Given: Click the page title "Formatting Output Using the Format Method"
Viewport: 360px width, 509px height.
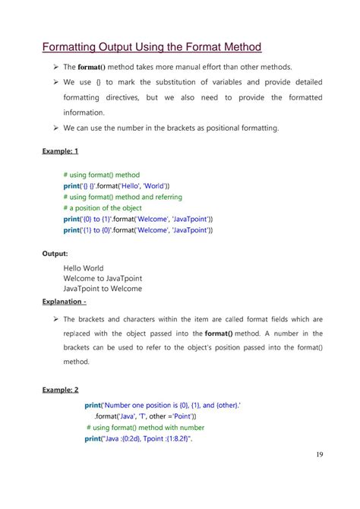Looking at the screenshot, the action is click(151, 47).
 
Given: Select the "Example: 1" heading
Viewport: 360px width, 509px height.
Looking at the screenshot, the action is click(60, 151).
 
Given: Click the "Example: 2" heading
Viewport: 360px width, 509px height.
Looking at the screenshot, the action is click(60, 390).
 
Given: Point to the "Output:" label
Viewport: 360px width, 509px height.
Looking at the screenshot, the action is click(55, 254).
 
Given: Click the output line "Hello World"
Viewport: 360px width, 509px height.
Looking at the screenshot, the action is click(87, 267).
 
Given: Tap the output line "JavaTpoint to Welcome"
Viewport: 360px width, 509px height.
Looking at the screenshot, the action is click(103, 289).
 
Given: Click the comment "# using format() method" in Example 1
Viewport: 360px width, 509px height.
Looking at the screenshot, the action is click(102, 175).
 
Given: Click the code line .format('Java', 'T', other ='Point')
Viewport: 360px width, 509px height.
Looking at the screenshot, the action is click(145, 416).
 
